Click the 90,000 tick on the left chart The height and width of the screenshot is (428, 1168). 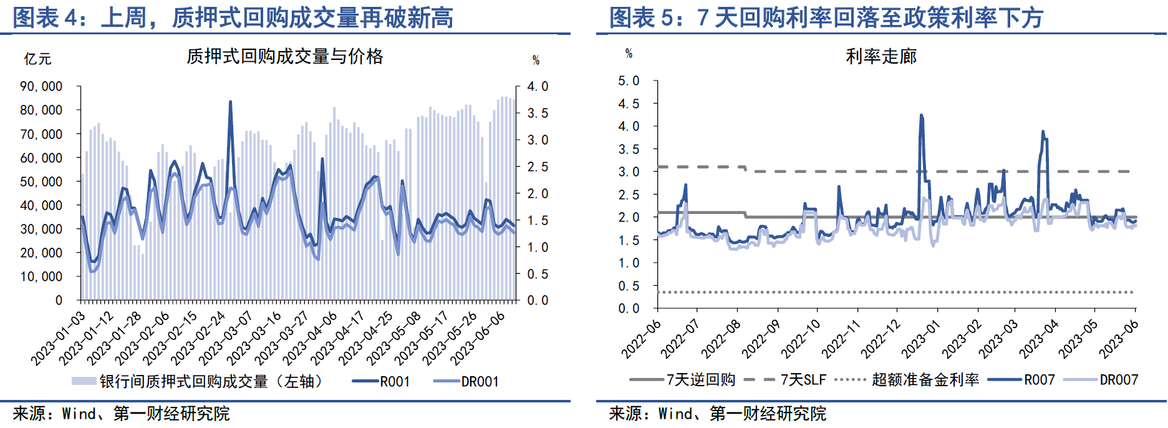click(41, 86)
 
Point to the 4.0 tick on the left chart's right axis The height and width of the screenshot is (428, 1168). click(538, 86)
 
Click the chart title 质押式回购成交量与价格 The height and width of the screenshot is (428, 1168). click(284, 57)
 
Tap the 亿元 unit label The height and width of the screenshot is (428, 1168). click(37, 59)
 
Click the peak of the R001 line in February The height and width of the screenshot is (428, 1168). click(230, 102)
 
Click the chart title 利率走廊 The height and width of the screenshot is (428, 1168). click(881, 57)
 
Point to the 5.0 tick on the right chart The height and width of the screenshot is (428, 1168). click(629, 81)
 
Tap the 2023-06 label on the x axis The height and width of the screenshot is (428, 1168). click(1119, 339)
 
